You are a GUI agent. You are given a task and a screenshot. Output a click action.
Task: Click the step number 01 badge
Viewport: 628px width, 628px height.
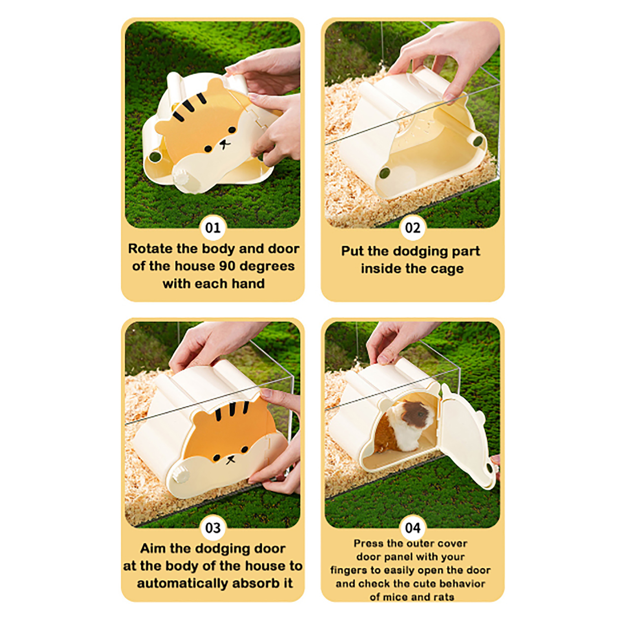point(213,228)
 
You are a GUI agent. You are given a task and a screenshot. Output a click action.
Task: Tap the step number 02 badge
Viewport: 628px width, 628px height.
point(413,228)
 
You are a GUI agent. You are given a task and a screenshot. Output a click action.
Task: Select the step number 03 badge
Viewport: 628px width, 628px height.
point(213,528)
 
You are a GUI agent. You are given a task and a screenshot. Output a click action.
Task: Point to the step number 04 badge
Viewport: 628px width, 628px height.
point(413,528)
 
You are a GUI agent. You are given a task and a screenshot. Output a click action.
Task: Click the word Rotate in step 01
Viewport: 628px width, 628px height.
point(150,249)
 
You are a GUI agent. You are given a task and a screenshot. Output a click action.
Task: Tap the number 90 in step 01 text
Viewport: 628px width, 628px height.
point(228,266)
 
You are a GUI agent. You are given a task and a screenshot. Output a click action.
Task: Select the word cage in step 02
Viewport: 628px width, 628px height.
point(447,269)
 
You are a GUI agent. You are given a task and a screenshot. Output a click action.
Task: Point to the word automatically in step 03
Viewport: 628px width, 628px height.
point(183,584)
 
